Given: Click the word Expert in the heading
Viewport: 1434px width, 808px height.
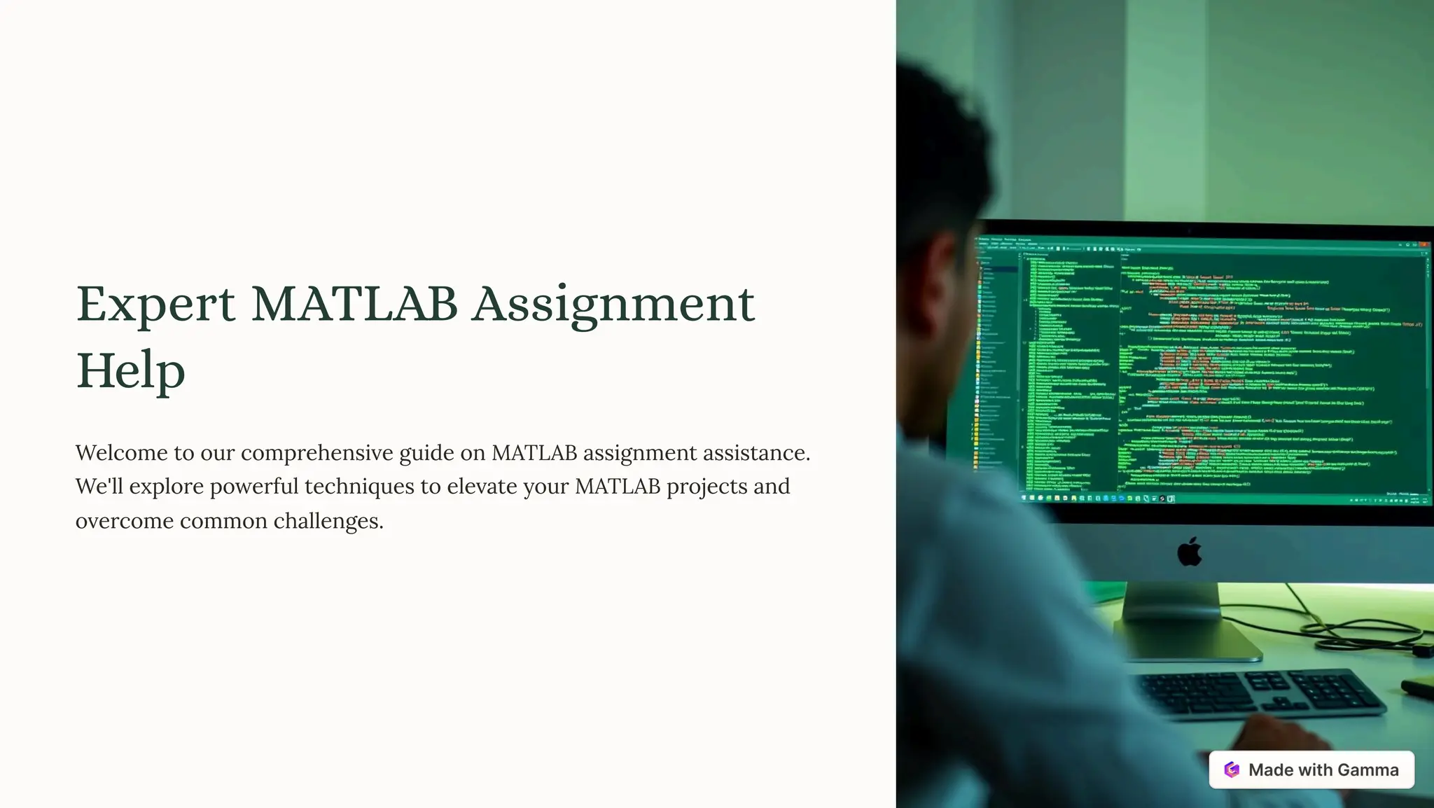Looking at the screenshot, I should (x=155, y=305).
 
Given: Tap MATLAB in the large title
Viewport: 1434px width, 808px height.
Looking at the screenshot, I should (x=354, y=304).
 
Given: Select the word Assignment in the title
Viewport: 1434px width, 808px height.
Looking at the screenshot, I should (x=613, y=305).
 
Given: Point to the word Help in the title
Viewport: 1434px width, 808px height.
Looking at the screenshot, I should (x=130, y=371).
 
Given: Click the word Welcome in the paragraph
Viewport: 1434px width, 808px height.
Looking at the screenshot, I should (x=121, y=453).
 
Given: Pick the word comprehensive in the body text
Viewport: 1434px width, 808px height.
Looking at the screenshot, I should (x=316, y=454).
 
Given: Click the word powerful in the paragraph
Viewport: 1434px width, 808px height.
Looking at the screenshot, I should (x=253, y=487).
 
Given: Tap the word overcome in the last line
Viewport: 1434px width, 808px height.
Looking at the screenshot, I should (x=125, y=521).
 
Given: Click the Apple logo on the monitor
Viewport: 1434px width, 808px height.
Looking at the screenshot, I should (x=1189, y=552).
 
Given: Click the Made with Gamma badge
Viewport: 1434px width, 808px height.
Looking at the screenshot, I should (x=1311, y=769).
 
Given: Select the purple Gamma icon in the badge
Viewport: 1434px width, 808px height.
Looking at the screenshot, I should (x=1232, y=769).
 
